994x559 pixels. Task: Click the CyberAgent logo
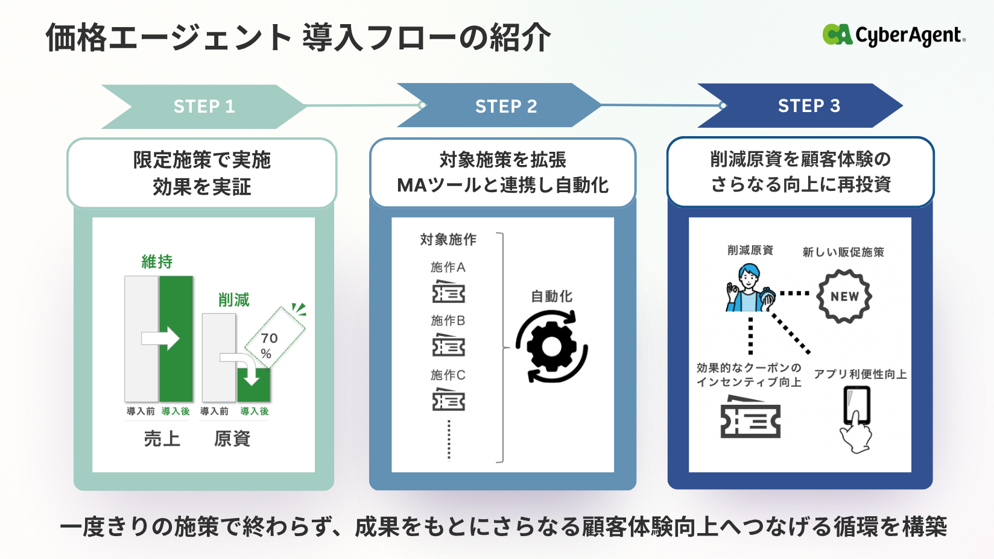tap(893, 35)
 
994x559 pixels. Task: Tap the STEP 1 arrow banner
tap(204, 107)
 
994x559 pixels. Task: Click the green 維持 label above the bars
tap(157, 262)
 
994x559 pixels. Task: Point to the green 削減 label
tap(233, 300)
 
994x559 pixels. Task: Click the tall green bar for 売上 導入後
tap(176, 339)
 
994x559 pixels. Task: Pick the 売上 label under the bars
tap(162, 439)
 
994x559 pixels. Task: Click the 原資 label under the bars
tap(232, 439)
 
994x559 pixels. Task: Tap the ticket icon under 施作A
tap(448, 292)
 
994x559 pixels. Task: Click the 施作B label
tap(448, 320)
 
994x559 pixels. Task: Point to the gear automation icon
tap(551, 346)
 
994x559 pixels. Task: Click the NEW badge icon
tap(844, 296)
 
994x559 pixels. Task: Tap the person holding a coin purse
tap(750, 288)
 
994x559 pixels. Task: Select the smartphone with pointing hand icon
tap(856, 418)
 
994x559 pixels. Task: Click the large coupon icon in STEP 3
tap(750, 417)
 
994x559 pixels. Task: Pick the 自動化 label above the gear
tap(551, 296)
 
